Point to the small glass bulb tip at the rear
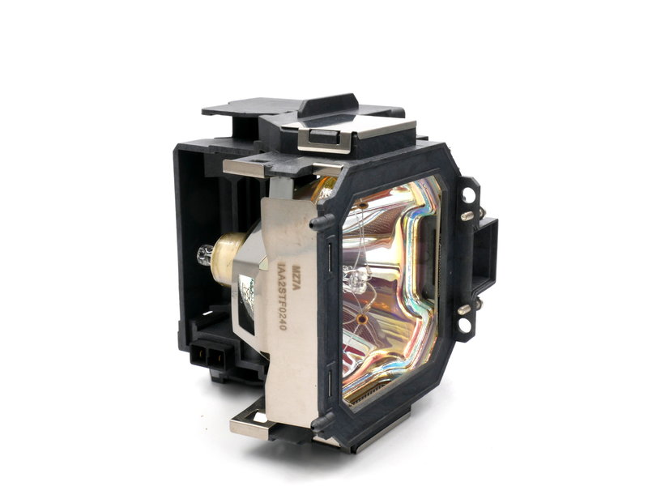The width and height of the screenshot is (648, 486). [x=203, y=256]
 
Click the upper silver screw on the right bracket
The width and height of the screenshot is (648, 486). [x=467, y=215]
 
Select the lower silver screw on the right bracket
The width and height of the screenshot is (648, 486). [x=466, y=308]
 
